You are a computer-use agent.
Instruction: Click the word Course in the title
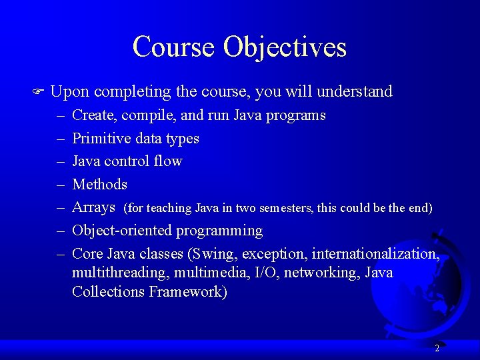pyautogui.click(x=174, y=47)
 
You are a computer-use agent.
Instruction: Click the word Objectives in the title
pyautogui.click(x=285, y=47)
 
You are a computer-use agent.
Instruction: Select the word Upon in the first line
pyautogui.click(x=69, y=92)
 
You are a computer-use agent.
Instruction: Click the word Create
pyautogui.click(x=94, y=115)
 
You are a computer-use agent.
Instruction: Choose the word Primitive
pyautogui.click(x=101, y=138)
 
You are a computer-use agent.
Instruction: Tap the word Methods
pyautogui.click(x=99, y=184)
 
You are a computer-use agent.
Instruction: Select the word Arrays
pyautogui.click(x=93, y=207)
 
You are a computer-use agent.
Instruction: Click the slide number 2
pyautogui.click(x=437, y=348)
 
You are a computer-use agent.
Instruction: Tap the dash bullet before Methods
pyautogui.click(x=59, y=184)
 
